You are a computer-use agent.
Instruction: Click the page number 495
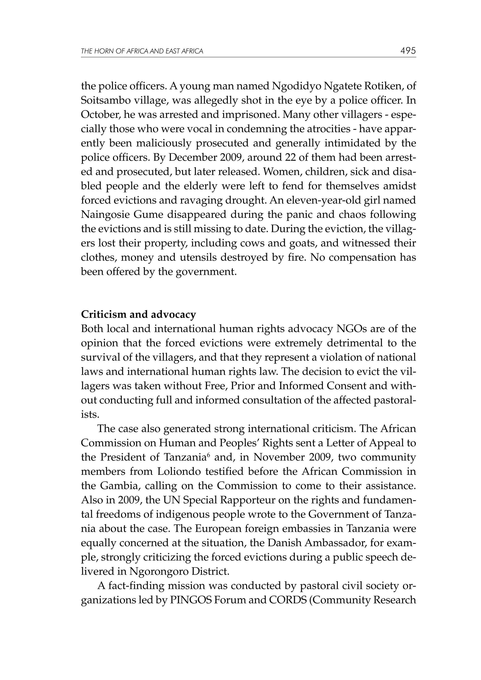(x=408, y=51)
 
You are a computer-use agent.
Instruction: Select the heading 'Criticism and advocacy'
(x=138, y=314)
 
